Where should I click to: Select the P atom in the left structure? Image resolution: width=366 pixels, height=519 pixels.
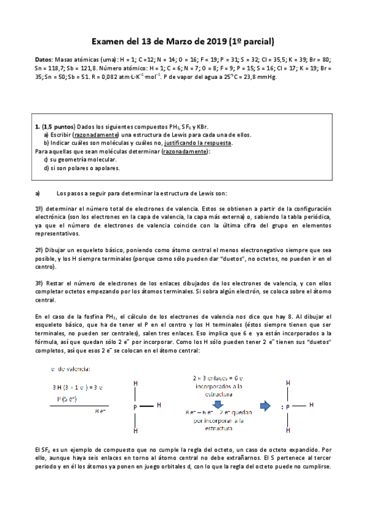(134, 406)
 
